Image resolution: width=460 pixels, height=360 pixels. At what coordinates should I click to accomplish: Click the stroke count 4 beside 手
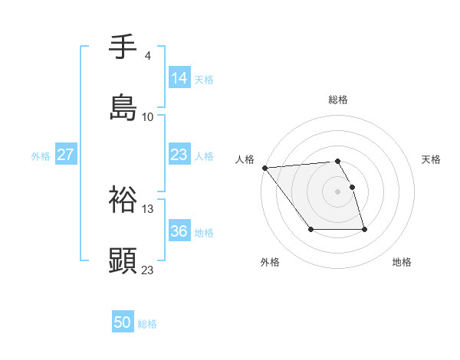pyautogui.click(x=147, y=56)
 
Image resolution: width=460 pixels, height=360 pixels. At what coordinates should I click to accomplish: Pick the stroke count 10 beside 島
pyautogui.click(x=148, y=116)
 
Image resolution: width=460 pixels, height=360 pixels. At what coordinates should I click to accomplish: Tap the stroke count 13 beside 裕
pyautogui.click(x=148, y=208)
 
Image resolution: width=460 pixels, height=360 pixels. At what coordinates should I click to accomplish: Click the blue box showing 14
pyautogui.click(x=179, y=78)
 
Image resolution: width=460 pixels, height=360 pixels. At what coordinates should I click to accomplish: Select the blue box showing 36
pyautogui.click(x=179, y=231)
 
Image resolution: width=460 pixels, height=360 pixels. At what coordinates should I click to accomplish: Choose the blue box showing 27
pyautogui.click(x=65, y=155)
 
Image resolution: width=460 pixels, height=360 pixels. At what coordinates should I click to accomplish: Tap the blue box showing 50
pyautogui.click(x=123, y=322)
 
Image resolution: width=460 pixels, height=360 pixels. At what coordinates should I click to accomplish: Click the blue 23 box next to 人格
pyautogui.click(x=179, y=155)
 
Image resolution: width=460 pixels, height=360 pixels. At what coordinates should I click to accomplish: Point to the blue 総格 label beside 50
pyautogui.click(x=147, y=324)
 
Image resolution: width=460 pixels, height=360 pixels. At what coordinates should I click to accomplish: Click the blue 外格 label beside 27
pyautogui.click(x=41, y=156)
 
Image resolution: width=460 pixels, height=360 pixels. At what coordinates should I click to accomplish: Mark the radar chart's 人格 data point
pyautogui.click(x=264, y=168)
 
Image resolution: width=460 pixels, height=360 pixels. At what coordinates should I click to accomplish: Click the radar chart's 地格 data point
pyautogui.click(x=364, y=229)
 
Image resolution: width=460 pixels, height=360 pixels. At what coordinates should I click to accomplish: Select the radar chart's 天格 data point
pyautogui.click(x=352, y=187)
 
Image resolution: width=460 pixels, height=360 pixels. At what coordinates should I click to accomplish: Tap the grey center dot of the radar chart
pyautogui.click(x=337, y=191)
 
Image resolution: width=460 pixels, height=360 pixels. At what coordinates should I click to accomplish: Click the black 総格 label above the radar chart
pyautogui.click(x=337, y=100)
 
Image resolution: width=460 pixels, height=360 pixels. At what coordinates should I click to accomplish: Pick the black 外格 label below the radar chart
pyautogui.click(x=270, y=262)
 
